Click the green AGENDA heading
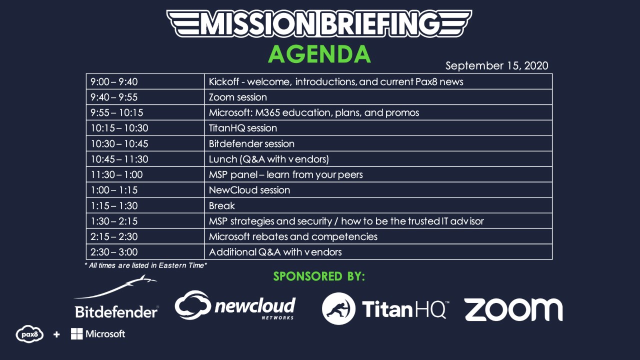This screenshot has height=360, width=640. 319,54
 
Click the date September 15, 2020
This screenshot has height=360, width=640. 496,65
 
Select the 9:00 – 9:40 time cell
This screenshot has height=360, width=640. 145,81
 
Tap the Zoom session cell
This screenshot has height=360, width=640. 378,97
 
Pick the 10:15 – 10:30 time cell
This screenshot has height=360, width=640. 145,128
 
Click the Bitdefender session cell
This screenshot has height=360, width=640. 378,143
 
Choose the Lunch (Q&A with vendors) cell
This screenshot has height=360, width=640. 378,159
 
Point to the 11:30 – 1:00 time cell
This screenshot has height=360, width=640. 145,174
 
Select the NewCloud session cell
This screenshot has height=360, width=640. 378,190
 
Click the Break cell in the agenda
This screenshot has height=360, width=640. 378,205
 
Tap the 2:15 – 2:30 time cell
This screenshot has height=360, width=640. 145,236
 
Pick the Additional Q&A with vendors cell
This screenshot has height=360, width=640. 378,251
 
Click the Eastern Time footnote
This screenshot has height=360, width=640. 145,265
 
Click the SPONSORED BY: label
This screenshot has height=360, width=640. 319,276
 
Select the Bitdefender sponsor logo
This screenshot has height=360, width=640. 116,297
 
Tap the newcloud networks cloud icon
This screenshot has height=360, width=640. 193,304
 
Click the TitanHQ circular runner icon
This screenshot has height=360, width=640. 338,308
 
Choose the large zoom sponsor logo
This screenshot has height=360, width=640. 513,309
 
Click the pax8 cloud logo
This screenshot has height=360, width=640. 29,333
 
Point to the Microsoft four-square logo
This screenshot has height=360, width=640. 76,333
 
